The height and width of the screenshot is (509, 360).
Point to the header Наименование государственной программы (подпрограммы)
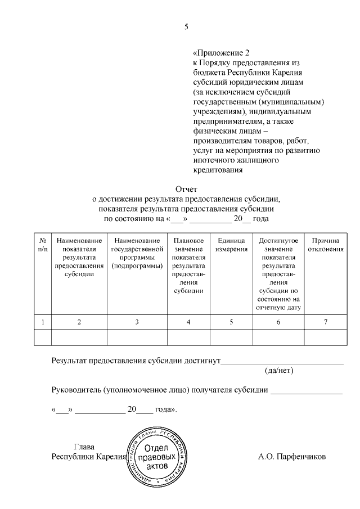point(137,253)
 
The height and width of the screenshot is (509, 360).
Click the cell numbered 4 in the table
point(188,322)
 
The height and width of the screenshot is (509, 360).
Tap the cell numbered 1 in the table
point(43,322)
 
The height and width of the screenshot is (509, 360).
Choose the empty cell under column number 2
point(79,336)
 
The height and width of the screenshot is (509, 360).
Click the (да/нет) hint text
point(279,371)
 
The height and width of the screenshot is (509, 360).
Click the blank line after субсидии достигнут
point(281,361)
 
